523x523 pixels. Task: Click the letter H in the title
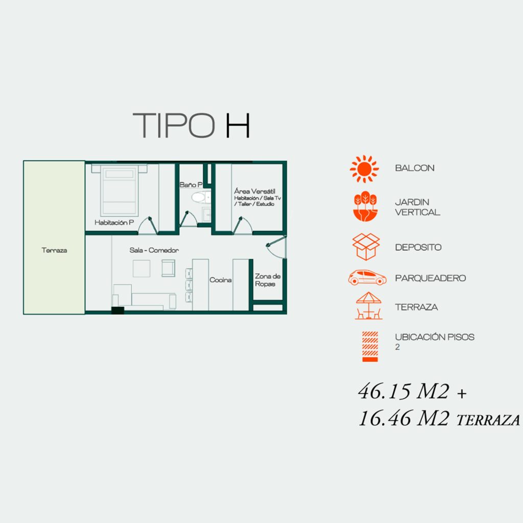pos(238,126)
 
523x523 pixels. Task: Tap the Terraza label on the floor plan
pos(54,250)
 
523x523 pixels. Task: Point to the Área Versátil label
pos(254,192)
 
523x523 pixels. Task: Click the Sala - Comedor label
pos(154,250)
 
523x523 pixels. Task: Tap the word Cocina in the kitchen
pos(221,280)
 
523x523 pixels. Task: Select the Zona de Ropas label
pos(268,280)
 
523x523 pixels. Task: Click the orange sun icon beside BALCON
pos(364,169)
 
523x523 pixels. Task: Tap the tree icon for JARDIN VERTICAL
pos(365,206)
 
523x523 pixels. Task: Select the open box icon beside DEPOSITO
pos(366,247)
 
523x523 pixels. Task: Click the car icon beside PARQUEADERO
pos(367,277)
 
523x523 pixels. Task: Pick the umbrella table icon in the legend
pos(369,306)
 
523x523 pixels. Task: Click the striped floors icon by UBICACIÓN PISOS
pos(370,347)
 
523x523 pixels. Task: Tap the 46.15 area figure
pos(403,392)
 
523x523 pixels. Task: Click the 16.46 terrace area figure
pos(404,418)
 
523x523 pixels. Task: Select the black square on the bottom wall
pos(118,311)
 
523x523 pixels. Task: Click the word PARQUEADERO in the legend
pos(430,278)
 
